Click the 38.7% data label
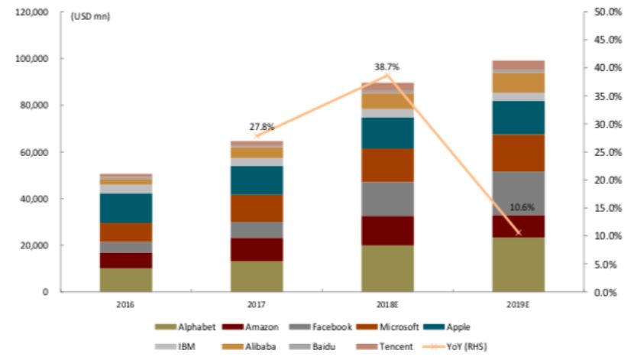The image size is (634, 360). point(387,66)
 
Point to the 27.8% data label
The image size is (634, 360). point(257,128)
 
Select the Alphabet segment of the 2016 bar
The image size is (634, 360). point(126,279)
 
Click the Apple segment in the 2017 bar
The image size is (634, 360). point(257,180)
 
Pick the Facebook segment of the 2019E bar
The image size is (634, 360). point(519,193)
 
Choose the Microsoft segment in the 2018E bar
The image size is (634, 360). point(387,165)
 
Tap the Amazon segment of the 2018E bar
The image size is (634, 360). point(387,231)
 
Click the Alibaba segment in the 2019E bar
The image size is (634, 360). point(519,83)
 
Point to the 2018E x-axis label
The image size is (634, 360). point(387,304)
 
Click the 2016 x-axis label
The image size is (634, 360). point(126,304)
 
